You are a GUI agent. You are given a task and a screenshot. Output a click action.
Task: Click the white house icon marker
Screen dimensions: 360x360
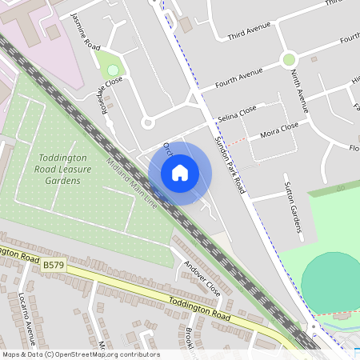tap(180, 173)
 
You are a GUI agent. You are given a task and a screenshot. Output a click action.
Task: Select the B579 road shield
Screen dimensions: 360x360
tap(54, 264)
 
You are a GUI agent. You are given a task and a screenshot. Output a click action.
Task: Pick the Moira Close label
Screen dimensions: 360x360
tap(279, 129)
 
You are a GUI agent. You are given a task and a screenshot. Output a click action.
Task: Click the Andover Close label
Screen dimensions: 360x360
tap(202, 275)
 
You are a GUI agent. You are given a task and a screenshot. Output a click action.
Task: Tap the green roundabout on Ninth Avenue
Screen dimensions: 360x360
tap(289, 59)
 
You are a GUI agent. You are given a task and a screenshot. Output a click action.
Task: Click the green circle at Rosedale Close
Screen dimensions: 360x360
tap(113, 70)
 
